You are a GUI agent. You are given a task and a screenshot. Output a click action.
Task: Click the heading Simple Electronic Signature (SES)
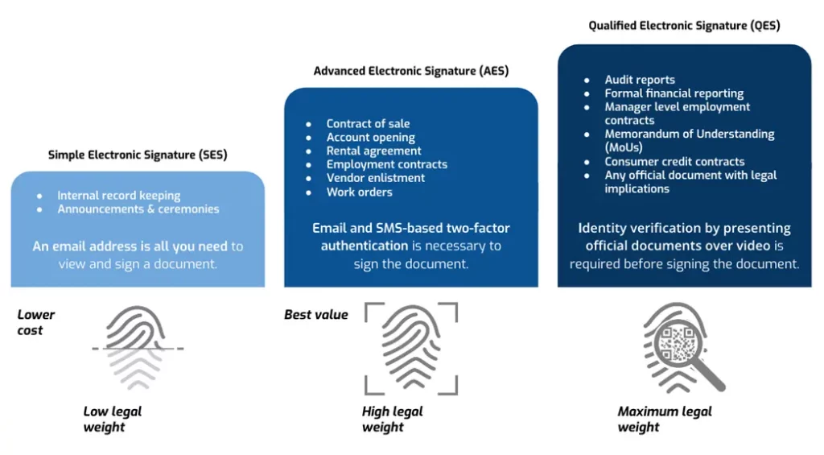click(138, 155)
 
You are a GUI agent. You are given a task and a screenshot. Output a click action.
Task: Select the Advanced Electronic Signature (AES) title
click(410, 71)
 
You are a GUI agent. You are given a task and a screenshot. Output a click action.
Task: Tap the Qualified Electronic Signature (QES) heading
click(684, 26)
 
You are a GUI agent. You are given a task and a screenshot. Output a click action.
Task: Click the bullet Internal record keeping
click(118, 196)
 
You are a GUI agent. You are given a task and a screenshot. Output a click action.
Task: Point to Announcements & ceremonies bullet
click(138, 209)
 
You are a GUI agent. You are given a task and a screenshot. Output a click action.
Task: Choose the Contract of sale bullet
click(368, 123)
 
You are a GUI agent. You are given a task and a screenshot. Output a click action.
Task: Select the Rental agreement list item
click(373, 151)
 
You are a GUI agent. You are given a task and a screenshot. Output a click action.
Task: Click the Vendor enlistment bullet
click(375, 178)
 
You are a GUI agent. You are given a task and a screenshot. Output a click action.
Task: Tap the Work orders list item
click(359, 192)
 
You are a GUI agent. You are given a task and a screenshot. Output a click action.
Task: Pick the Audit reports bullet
click(640, 80)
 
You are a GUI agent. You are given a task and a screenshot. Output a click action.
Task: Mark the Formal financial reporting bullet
click(674, 93)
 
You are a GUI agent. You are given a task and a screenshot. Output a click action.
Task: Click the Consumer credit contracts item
click(674, 161)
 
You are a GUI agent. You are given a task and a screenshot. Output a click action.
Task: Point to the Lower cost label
click(36, 322)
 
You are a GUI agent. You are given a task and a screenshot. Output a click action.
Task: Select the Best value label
click(316, 315)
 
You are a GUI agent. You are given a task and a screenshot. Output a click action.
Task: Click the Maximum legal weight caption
click(665, 419)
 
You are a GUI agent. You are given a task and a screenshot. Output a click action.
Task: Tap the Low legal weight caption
click(113, 419)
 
